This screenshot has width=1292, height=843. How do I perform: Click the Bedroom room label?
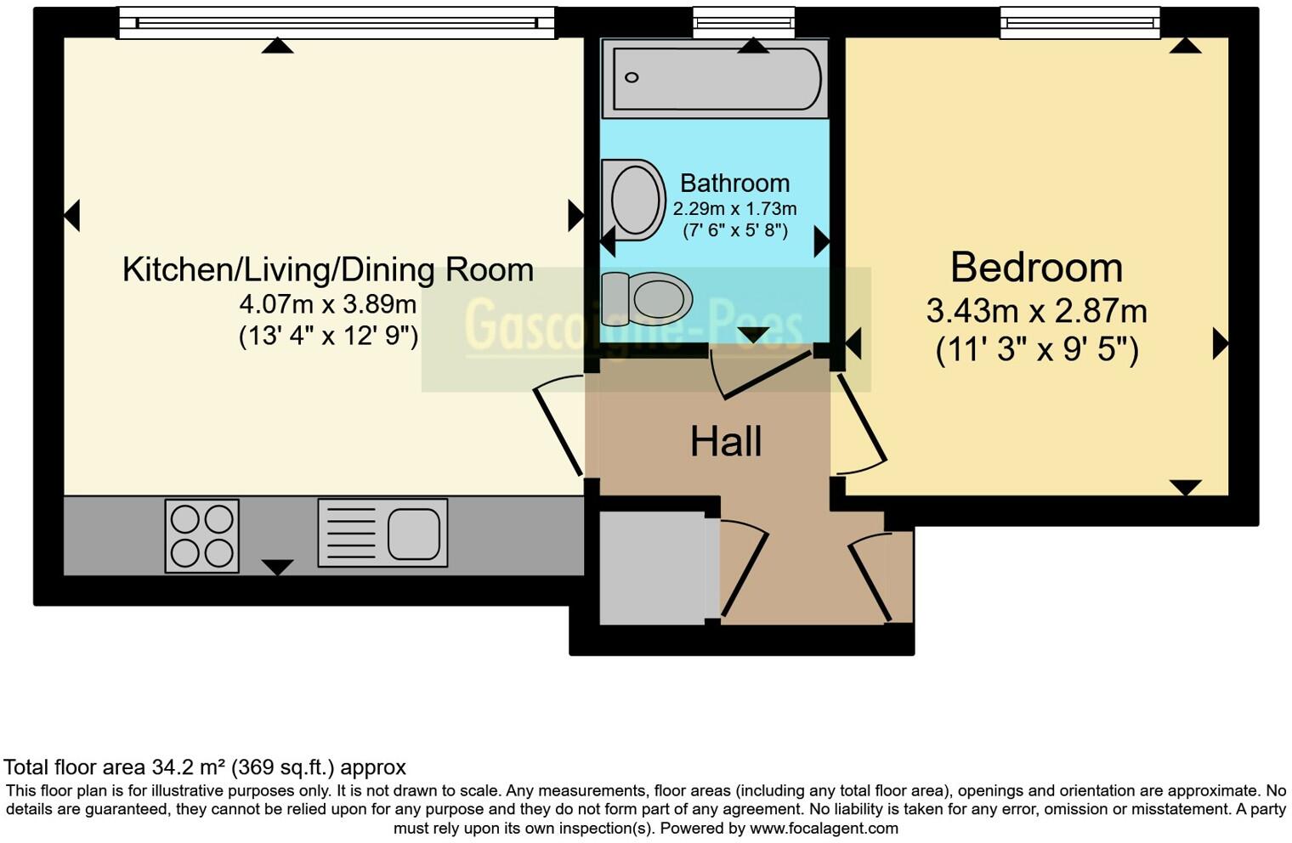(1036, 268)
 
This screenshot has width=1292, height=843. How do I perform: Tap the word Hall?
(725, 442)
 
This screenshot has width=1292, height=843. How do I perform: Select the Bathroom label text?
(734, 184)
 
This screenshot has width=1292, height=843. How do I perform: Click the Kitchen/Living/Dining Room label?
(328, 269)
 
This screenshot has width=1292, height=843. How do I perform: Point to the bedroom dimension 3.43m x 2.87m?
(1036, 311)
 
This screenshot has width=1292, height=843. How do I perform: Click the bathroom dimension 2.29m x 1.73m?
(734, 208)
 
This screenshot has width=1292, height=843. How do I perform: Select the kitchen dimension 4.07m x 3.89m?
(328, 303)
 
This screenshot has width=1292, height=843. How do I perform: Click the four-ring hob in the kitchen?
(201, 535)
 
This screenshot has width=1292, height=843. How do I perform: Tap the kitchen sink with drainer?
(382, 533)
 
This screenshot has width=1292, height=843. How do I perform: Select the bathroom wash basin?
(633, 199)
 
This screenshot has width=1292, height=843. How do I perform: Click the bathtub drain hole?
(632, 78)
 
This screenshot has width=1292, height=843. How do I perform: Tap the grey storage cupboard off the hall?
(653, 568)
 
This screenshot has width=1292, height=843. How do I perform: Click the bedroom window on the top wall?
(1079, 23)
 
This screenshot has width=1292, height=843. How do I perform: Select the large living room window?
(336, 23)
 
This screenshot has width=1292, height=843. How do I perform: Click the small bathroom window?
(743, 23)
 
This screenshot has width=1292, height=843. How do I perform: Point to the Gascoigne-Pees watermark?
(633, 325)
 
